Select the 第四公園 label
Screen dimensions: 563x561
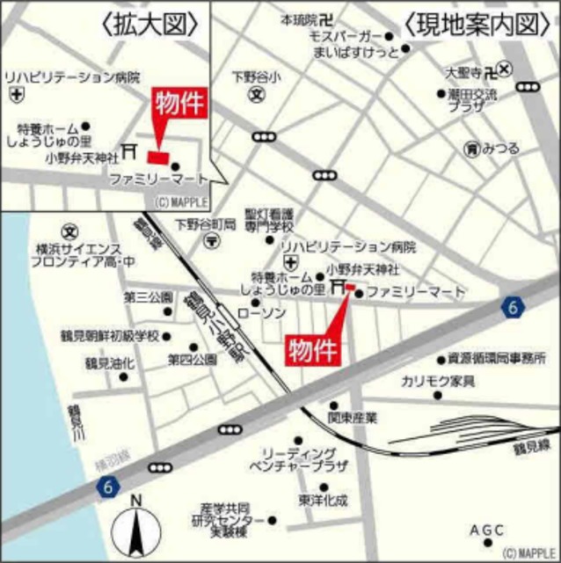pyautogui.click(x=192, y=359)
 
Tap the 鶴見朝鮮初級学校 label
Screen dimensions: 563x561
pyautogui.click(x=121, y=335)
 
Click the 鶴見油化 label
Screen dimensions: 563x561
pyautogui.click(x=109, y=362)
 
